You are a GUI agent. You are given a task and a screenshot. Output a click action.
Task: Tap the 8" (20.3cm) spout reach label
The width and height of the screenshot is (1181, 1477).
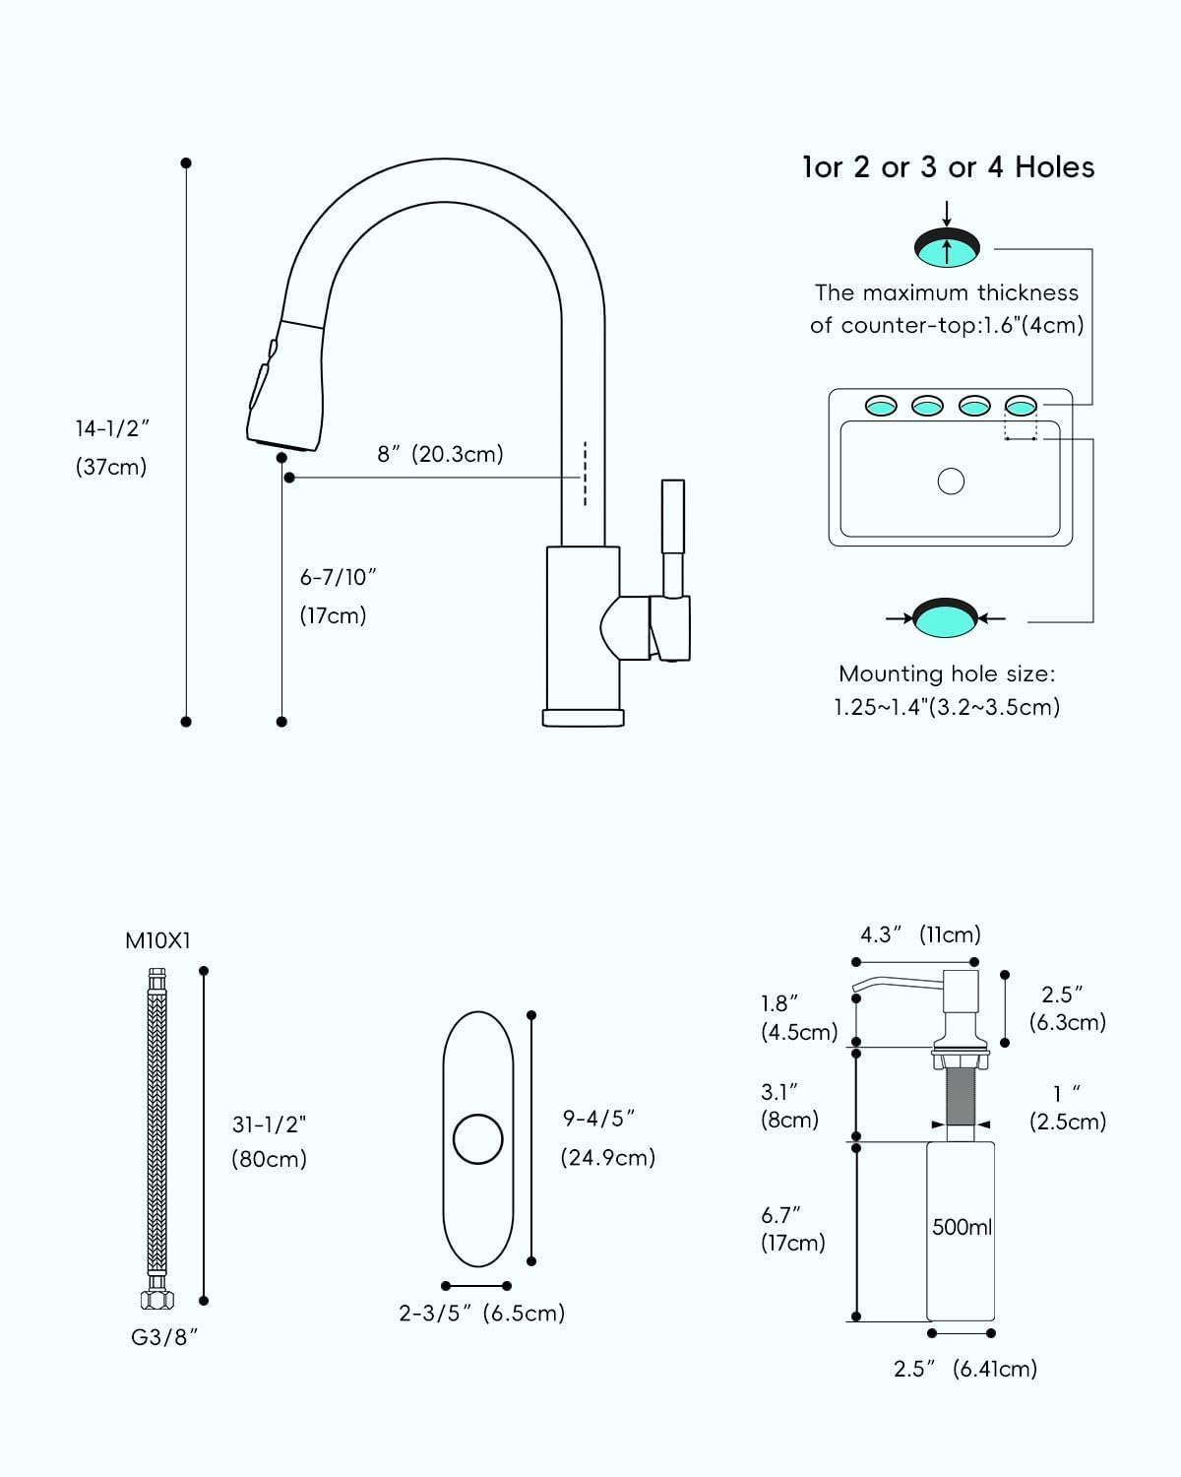[x=440, y=454]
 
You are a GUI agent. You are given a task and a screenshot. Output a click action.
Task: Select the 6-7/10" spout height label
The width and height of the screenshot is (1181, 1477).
[x=339, y=578]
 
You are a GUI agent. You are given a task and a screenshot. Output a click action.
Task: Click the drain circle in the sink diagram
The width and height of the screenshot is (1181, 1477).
[x=951, y=482]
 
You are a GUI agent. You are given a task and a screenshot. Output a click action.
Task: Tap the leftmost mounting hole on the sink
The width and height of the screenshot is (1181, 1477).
[x=881, y=404]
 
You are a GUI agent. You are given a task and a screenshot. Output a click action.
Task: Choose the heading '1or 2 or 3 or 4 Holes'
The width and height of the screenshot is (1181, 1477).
[x=949, y=167]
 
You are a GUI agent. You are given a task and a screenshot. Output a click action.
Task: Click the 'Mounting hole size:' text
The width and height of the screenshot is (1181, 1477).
[x=947, y=674]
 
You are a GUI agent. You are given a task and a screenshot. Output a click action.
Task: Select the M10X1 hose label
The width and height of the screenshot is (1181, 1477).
[x=157, y=940]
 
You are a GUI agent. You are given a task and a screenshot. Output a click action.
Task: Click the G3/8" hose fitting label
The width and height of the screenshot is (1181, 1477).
[x=157, y=1336]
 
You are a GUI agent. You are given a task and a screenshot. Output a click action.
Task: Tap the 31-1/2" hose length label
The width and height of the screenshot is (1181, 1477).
[x=270, y=1124]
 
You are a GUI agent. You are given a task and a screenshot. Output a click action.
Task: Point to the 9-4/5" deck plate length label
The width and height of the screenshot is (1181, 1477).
[x=598, y=1119]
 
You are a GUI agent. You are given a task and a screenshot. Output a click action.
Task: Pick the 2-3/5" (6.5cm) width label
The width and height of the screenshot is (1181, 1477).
[x=482, y=1314]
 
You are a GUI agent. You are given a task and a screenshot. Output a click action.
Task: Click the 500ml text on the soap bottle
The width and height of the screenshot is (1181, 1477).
[x=962, y=1228]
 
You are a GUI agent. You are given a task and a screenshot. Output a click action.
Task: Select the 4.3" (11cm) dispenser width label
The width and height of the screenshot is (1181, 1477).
[x=921, y=934]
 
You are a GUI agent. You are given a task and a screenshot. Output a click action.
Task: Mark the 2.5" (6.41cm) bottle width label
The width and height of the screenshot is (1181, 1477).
[x=965, y=1369]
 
